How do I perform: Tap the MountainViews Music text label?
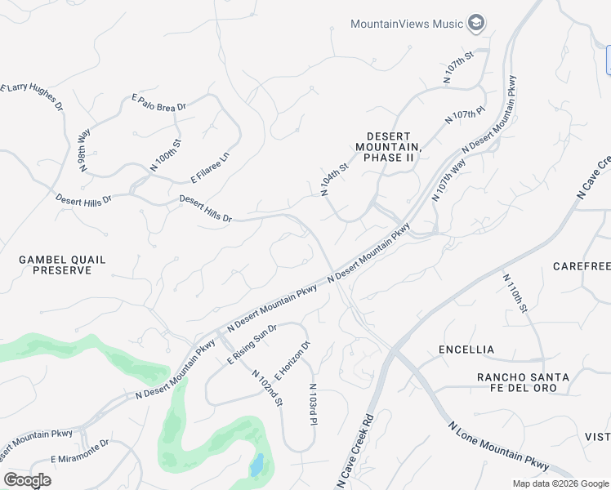(x=407, y=24)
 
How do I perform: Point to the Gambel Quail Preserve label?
(x=62, y=265)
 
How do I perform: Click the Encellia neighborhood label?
(x=466, y=350)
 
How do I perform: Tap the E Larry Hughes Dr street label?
(x=31, y=96)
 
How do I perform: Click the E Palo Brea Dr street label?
(x=159, y=101)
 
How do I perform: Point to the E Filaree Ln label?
(x=210, y=167)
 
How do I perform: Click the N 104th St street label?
(x=335, y=179)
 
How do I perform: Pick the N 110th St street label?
(x=515, y=294)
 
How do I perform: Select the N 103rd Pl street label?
(x=312, y=405)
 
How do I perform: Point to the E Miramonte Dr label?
(x=79, y=452)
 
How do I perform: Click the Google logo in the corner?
(x=27, y=479)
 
